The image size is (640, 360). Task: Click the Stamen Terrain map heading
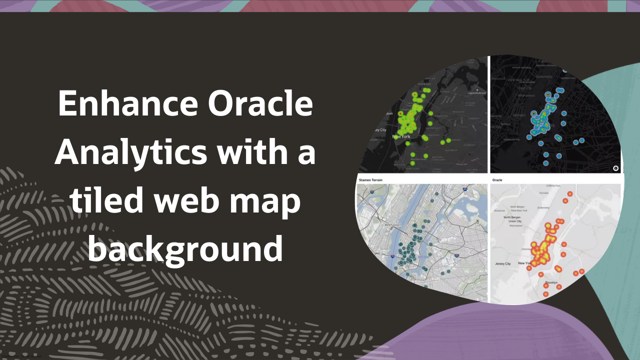tap(373, 179)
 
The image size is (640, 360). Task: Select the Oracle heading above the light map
tap(497, 179)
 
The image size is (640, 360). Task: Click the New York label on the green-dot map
tap(402, 136)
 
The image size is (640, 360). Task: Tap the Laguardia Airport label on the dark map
tap(476, 93)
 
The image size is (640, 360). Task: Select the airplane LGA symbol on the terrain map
tap(477, 222)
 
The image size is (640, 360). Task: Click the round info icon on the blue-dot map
tap(615, 168)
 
